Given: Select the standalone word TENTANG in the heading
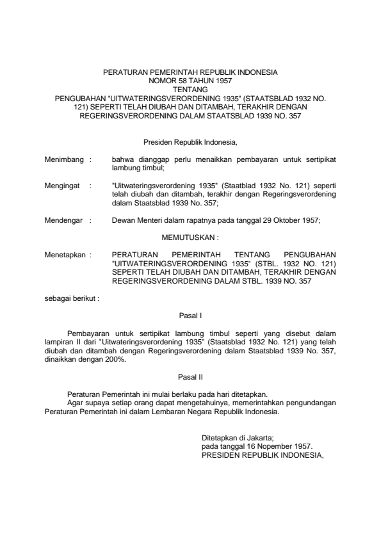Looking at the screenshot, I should tap(190, 90).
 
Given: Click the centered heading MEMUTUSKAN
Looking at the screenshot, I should tap(190, 236).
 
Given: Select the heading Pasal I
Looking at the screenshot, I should tap(190, 314).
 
